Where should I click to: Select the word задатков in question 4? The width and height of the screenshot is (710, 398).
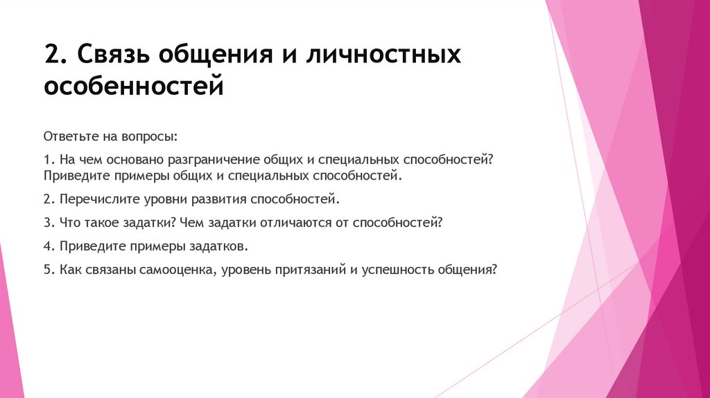tap(220, 246)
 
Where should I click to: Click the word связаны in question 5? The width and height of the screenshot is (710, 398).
tap(105, 270)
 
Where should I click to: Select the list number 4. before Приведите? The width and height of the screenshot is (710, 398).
tap(48, 246)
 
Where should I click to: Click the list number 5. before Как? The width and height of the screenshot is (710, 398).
tap(48, 270)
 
